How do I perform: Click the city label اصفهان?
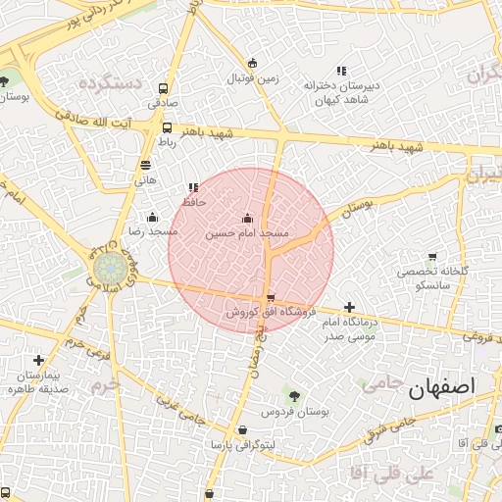[451, 386]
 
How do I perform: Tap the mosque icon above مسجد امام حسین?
[247, 219]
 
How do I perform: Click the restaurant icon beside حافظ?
[192, 187]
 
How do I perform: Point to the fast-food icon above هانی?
[145, 166]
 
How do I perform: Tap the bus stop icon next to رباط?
[167, 127]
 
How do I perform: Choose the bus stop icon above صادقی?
[162, 87]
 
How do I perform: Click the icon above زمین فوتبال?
[253, 63]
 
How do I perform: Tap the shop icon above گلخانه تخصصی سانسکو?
[432, 257]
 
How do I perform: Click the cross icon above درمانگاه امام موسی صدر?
[350, 308]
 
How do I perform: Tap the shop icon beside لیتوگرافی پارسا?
[242, 430]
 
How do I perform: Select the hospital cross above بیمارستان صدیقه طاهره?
[37, 361]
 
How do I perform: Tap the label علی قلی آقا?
[409, 475]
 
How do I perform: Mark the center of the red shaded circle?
[251, 250]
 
